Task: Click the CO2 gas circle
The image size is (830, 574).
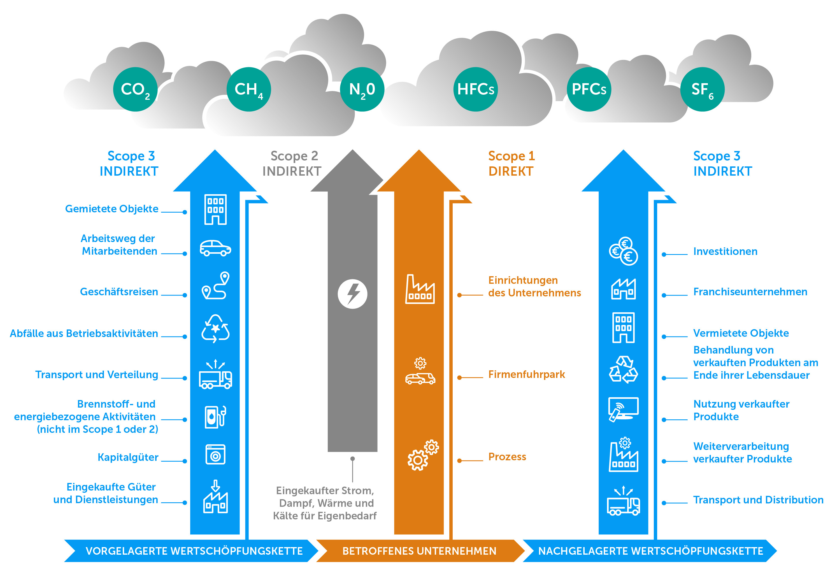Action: point(135,89)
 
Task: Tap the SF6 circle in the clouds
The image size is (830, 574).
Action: point(702,89)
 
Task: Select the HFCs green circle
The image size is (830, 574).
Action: point(475,89)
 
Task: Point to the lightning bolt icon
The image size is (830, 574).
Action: point(352,294)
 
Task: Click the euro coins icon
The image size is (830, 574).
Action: point(623,251)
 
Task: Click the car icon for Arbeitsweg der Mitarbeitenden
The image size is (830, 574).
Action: point(215,248)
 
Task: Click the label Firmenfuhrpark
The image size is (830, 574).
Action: point(526,374)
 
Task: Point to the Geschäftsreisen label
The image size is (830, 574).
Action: point(119,292)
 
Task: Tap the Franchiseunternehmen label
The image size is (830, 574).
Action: point(750,292)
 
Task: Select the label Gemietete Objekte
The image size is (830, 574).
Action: point(112,209)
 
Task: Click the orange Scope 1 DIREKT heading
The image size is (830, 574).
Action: point(512,164)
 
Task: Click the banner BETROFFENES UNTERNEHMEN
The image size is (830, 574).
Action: point(419,551)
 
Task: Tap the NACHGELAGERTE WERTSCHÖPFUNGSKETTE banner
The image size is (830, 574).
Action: point(650,551)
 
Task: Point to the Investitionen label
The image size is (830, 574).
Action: point(725,251)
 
